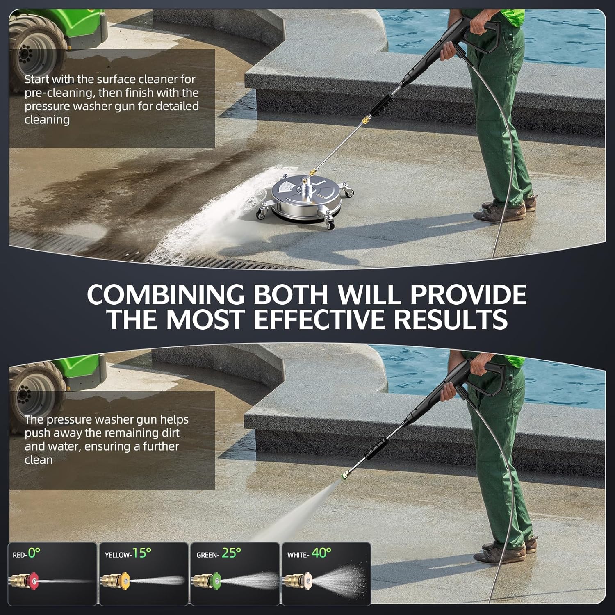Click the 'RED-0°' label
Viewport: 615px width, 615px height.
[x=27, y=554]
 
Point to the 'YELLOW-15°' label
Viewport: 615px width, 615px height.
[x=128, y=553]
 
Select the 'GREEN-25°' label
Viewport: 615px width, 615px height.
[x=219, y=553]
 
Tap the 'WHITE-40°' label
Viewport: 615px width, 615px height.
[x=310, y=553]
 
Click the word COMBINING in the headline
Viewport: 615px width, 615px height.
[x=166, y=294]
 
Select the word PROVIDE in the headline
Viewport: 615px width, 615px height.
[x=469, y=294]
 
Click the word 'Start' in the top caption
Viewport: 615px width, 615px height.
[x=36, y=79]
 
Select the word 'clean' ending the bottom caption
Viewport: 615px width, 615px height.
[x=39, y=460]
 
